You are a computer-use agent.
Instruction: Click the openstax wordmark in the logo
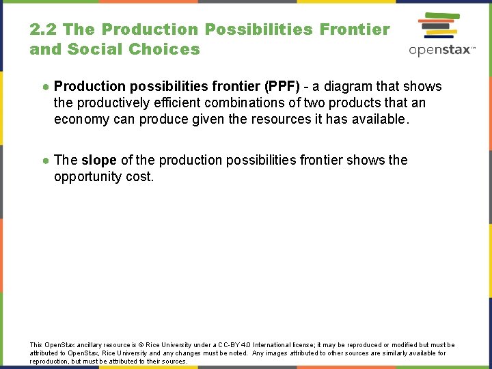tap(441, 50)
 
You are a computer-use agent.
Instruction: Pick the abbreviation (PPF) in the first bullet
tap(282, 86)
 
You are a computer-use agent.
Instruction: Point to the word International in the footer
tap(273, 345)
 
